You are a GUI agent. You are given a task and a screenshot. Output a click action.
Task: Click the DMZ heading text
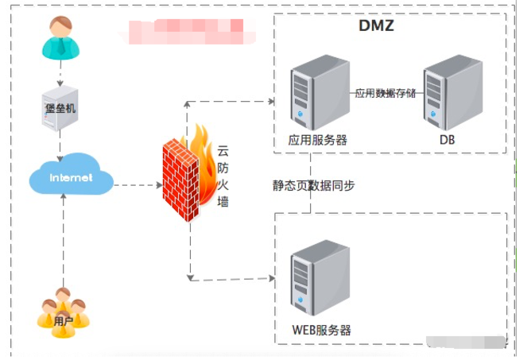[x=377, y=26]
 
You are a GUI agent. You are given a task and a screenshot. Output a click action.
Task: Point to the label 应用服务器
[x=317, y=140]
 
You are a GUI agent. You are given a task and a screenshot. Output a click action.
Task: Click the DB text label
[x=446, y=140]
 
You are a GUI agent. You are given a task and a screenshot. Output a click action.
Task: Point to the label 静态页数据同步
[x=313, y=185]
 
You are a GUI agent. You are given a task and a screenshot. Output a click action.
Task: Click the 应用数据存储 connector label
[x=385, y=93]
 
